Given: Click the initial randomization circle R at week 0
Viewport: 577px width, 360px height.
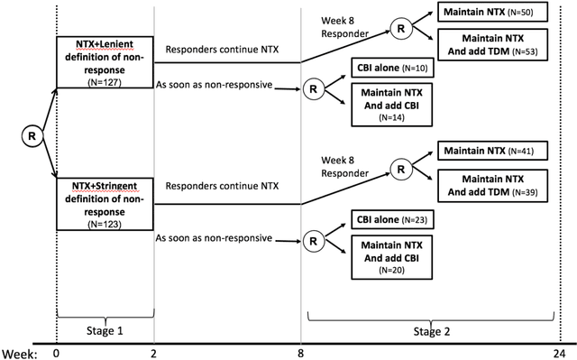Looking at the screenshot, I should (x=32, y=136).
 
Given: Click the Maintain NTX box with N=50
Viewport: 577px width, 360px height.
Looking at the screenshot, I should (x=488, y=13).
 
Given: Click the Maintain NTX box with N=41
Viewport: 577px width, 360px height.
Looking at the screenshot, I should (x=486, y=151).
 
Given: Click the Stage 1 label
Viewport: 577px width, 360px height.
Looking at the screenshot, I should (x=105, y=331).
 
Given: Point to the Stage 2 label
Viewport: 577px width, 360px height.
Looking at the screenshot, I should (x=438, y=331).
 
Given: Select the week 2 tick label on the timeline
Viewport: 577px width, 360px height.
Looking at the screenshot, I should (x=155, y=354).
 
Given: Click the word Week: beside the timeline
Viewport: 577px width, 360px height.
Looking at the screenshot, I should (x=18, y=354).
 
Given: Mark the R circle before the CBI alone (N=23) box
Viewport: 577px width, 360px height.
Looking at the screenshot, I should (x=314, y=240).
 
